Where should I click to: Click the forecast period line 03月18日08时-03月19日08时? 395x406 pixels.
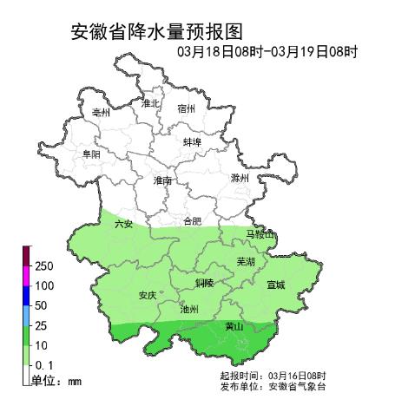point(267,52)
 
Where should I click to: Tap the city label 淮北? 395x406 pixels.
point(150,103)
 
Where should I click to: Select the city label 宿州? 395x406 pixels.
point(186,109)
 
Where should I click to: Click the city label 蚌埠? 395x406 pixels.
point(193,141)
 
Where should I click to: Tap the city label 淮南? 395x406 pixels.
point(162,180)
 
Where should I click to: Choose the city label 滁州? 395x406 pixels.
point(240,177)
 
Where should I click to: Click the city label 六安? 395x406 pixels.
point(123,224)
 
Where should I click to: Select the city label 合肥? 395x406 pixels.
point(192,221)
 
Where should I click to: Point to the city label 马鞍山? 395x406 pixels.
point(260,235)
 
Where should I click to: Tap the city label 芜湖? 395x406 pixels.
point(246,260)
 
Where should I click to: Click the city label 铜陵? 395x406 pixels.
point(204,283)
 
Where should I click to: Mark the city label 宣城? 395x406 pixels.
point(275,284)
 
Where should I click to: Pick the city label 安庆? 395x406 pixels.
point(148,295)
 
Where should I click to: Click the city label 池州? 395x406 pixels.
point(188,308)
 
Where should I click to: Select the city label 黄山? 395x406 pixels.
point(234,327)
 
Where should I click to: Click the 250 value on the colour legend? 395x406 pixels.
point(45,265)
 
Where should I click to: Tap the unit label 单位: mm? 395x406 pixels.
point(56,380)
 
